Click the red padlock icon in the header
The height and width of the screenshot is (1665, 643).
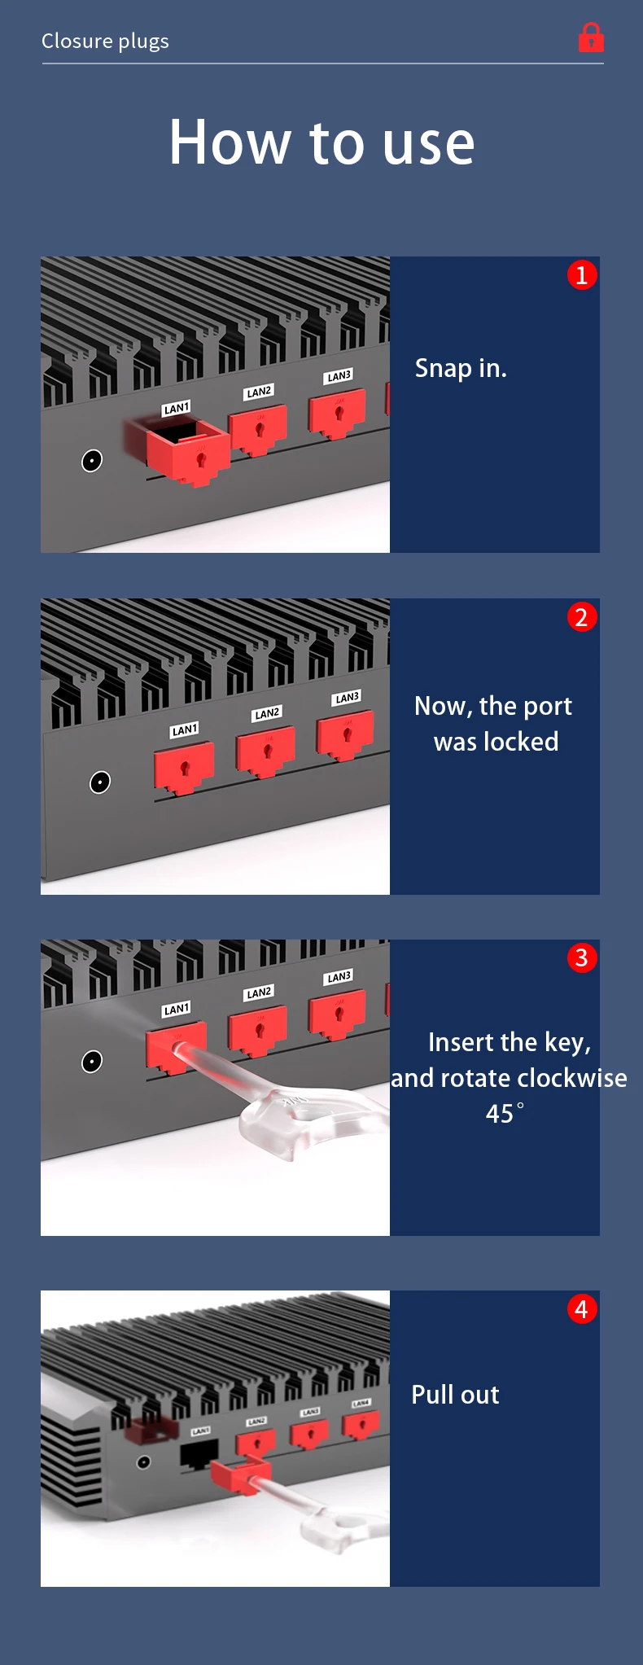click(x=591, y=37)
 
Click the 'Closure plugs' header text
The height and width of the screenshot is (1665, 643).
click(x=105, y=41)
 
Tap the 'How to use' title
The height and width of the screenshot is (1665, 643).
click(x=321, y=142)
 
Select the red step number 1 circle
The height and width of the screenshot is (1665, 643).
click(x=581, y=275)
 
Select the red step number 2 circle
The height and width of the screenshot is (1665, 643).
click(x=581, y=617)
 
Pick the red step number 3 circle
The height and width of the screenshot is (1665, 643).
click(x=581, y=957)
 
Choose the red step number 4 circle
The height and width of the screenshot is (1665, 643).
click(x=581, y=1309)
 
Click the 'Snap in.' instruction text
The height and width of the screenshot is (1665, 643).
click(x=461, y=368)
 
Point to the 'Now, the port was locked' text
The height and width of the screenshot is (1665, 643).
click(x=493, y=723)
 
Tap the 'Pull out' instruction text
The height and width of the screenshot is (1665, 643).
click(x=455, y=1395)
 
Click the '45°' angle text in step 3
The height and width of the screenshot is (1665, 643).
click(x=505, y=1113)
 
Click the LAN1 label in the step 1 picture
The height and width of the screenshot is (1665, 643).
click(x=177, y=408)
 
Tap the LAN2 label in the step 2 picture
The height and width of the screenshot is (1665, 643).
click(x=267, y=713)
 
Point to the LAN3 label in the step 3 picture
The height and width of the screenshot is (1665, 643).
click(x=339, y=976)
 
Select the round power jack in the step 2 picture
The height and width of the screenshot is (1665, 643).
click(x=99, y=782)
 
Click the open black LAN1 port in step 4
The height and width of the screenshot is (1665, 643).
click(x=199, y=1453)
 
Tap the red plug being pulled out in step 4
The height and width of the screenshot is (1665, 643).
click(x=238, y=1476)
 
